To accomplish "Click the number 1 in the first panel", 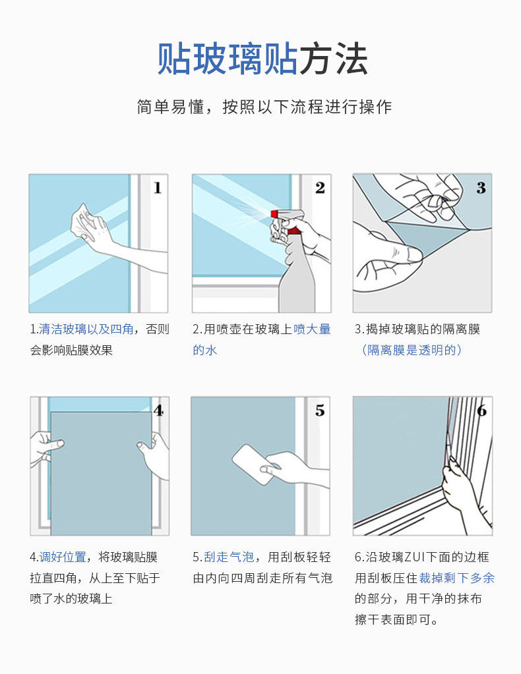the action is point(158,188).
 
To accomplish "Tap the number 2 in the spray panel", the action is point(320,188).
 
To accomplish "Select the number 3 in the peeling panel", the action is point(481,188).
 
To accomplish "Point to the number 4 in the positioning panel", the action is point(159,411).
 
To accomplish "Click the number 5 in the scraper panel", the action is point(320,410).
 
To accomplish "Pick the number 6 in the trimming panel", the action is point(482,411).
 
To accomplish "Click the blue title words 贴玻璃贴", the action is point(227,59).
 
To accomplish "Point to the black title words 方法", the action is point(334,59).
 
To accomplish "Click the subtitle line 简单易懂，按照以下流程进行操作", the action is point(264,107).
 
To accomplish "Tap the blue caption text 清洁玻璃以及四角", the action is point(86,329).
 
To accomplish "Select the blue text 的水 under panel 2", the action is point(205,351).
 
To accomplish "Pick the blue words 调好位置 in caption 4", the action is point(63,557).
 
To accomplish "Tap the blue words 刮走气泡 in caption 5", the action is point(229,557).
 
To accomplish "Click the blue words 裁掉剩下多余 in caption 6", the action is point(456,578).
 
